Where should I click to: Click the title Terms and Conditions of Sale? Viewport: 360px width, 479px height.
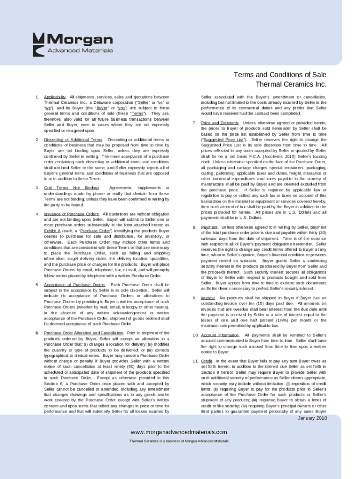tap(280, 75)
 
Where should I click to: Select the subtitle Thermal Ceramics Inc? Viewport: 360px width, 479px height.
tap(290, 85)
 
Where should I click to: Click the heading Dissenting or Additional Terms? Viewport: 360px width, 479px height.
tap(73, 140)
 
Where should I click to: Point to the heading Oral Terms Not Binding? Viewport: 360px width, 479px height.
tap(71, 188)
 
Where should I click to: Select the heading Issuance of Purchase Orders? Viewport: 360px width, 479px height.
tap(71, 214)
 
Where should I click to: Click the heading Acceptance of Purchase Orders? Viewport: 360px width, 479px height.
tap(74, 285)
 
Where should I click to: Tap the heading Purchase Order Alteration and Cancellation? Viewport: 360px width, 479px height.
tap(80, 333)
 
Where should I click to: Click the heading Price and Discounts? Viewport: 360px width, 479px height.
tap(219, 123)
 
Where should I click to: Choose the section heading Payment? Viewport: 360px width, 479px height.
tap(209, 227)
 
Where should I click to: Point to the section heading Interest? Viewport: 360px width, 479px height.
tap(208, 298)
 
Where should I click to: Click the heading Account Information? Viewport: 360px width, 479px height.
tap(219, 335)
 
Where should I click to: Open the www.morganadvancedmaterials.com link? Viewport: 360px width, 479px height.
tap(179, 432)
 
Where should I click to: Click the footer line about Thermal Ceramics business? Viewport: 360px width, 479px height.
tap(179, 441)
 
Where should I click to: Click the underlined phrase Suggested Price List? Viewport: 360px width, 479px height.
tap(223, 140)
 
